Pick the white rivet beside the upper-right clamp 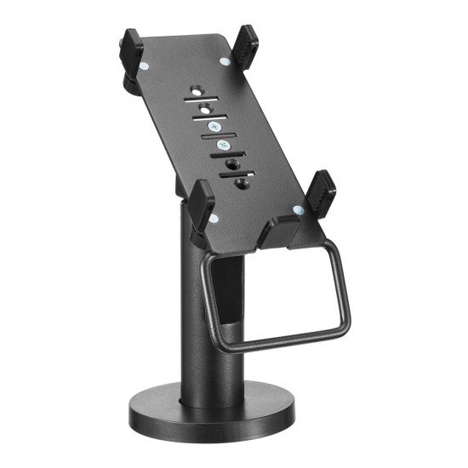pyautogui.click(x=225, y=60)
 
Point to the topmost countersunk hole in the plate pyautogui.click(x=197, y=88)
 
